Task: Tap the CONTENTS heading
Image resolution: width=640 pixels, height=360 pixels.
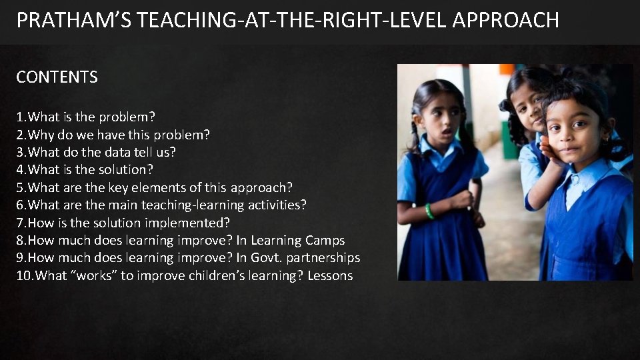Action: [x=57, y=77]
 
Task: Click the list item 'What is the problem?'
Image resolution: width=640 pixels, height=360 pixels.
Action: [x=86, y=117]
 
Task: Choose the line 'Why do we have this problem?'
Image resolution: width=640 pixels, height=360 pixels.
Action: [x=113, y=135]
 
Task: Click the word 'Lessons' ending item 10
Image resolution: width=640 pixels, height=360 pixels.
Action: [x=330, y=275]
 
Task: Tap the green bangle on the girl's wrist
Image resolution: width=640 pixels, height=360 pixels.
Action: [x=429, y=211]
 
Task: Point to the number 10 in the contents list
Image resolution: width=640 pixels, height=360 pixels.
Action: [x=23, y=275]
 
